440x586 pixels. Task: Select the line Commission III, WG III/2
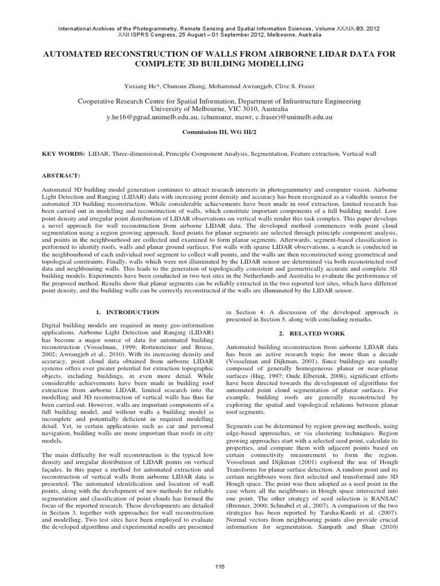(x=219, y=131)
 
